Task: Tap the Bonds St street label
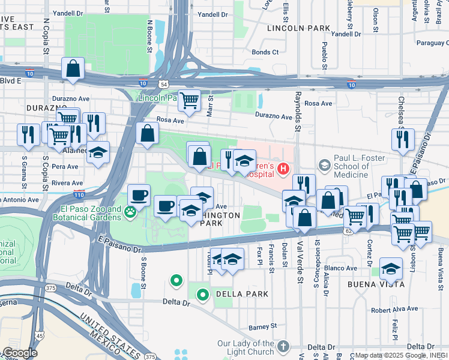pos(265,52)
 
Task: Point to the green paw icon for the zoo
pos(129,211)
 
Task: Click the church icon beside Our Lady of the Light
pos(282,346)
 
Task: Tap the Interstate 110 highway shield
pos(83,194)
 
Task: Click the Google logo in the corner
pos(20,353)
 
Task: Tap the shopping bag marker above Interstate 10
pos(73,69)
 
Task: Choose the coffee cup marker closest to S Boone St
pos(139,195)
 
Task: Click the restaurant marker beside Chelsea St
pos(402,139)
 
